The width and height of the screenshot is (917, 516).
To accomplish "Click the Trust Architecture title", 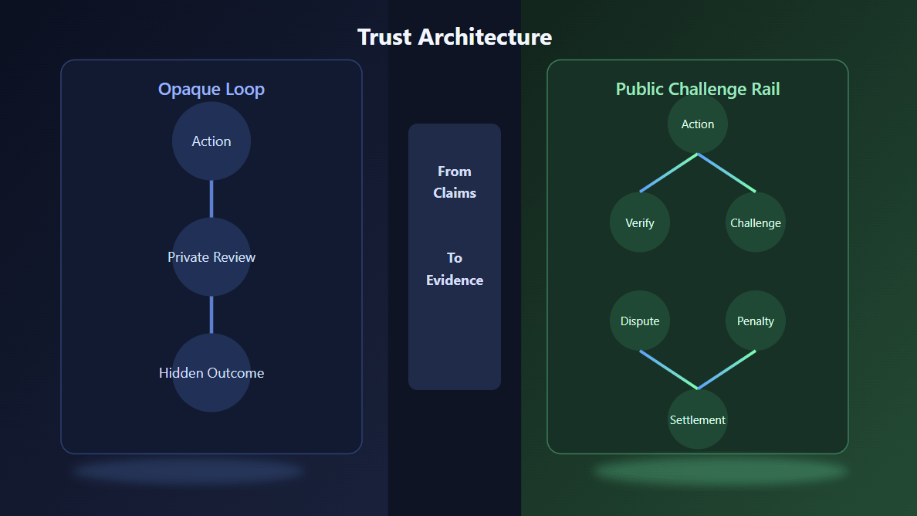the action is (455, 37).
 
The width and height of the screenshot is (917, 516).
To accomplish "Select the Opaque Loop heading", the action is (211, 89).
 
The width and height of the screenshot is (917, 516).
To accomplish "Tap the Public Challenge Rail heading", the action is (698, 89).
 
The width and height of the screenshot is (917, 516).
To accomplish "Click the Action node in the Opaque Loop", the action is (211, 141).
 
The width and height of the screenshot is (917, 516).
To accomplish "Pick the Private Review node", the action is (211, 256).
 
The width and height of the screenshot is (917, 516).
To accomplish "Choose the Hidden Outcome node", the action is (211, 372).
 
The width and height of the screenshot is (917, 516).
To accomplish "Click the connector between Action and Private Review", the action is (211, 199).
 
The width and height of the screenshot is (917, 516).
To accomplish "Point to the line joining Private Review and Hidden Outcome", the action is (211, 314).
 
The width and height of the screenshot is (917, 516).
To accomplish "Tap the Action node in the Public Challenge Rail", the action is (698, 124).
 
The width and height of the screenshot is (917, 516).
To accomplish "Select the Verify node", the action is (640, 222).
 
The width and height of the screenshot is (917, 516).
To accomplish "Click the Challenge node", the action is (756, 222).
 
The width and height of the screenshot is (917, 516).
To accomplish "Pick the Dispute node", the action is (640, 321).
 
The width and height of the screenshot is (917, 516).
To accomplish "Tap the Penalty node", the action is (756, 321).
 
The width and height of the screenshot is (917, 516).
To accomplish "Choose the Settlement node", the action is (698, 419).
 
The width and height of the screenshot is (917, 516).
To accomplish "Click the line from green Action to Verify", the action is (669, 173).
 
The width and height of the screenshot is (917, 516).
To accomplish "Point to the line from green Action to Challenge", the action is (726, 173).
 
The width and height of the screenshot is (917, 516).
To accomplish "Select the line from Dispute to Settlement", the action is (669, 370).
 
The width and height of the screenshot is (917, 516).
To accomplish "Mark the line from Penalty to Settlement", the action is (726, 370).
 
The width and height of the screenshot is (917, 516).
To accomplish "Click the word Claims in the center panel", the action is (455, 193).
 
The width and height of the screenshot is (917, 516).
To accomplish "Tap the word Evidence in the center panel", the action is (455, 280).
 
